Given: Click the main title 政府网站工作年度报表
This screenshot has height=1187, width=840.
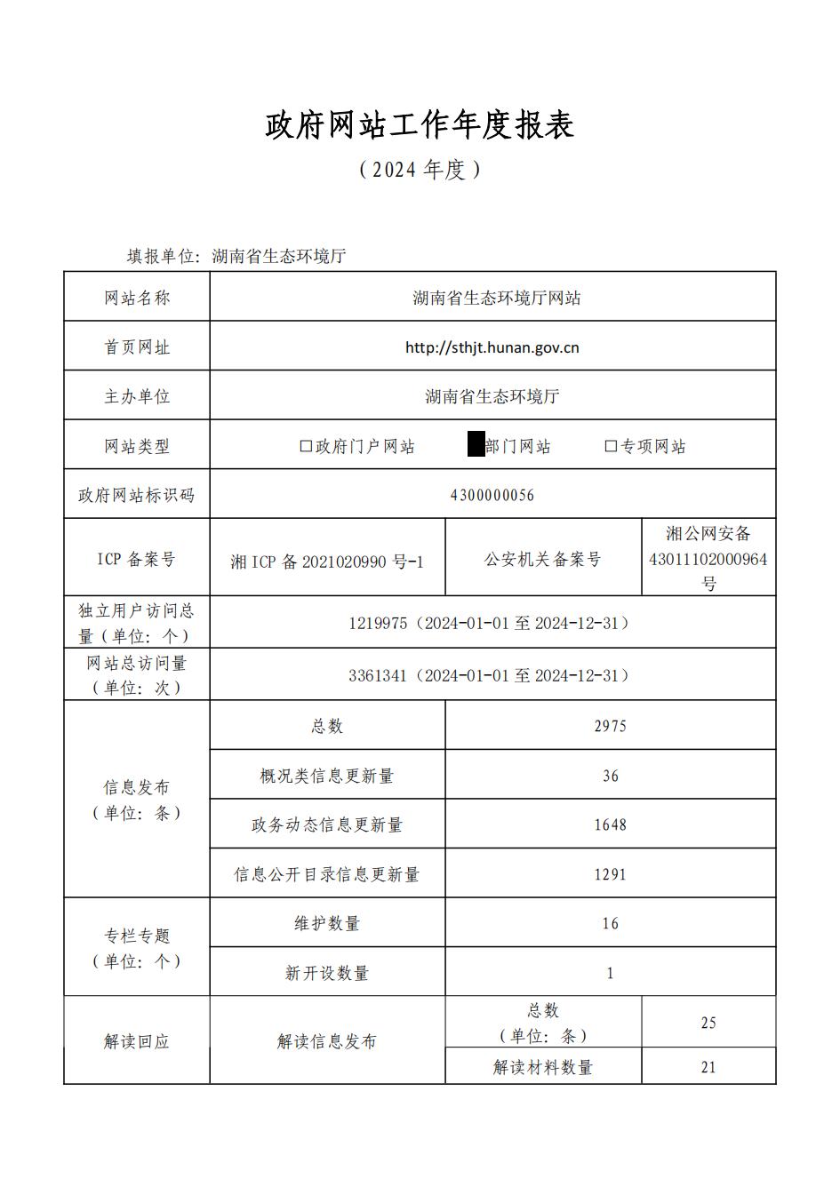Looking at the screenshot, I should (420, 125).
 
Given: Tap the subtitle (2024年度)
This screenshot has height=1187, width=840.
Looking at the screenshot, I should (420, 169).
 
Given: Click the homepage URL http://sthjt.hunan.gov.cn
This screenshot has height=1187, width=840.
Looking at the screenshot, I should (492, 347).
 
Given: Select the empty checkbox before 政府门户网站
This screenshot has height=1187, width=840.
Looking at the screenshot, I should (306, 446).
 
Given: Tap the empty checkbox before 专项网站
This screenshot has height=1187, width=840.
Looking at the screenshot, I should (611, 446).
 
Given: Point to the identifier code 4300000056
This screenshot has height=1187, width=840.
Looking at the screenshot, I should (492, 496).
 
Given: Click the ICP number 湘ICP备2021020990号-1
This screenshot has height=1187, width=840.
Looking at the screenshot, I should (327, 562).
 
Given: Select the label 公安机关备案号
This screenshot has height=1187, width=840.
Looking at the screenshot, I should (542, 560).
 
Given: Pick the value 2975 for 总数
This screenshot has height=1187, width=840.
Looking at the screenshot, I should (610, 726).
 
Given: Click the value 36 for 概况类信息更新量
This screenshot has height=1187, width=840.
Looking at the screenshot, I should (610, 776).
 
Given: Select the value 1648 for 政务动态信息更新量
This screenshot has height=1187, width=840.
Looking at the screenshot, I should (610, 825).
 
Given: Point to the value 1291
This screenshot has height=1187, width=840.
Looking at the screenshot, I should (610, 874).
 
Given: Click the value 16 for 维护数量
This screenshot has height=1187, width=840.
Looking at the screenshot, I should (610, 924).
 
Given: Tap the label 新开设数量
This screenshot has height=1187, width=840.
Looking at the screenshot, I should (326, 973).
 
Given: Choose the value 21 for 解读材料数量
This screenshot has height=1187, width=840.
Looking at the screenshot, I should (708, 1067).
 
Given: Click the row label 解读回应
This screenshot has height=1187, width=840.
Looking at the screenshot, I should (136, 1041).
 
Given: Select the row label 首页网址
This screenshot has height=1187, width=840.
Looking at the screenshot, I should (137, 347).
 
